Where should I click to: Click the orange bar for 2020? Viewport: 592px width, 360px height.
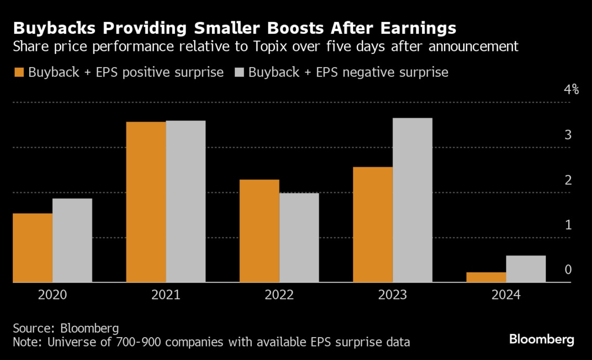click(x=32, y=248)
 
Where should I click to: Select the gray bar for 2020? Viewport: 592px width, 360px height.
click(x=72, y=241)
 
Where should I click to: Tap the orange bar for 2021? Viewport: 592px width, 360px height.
click(x=146, y=202)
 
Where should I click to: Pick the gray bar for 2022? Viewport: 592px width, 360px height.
click(x=299, y=238)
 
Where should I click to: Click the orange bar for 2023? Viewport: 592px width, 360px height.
click(x=372, y=225)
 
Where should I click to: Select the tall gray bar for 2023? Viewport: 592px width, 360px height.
click(x=412, y=201)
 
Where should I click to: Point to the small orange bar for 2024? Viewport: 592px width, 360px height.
click(x=486, y=277)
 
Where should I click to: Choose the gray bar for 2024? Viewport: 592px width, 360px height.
click(x=526, y=269)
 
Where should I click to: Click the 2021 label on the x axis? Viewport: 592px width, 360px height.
click(x=166, y=295)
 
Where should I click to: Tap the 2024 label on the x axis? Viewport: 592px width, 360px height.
click(x=506, y=295)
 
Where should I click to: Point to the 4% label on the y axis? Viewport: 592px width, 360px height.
click(x=571, y=89)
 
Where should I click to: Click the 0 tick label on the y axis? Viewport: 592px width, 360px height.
click(x=568, y=270)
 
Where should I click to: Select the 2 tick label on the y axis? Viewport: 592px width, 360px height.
click(x=568, y=180)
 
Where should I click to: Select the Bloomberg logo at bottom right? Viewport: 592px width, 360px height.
click(x=542, y=340)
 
